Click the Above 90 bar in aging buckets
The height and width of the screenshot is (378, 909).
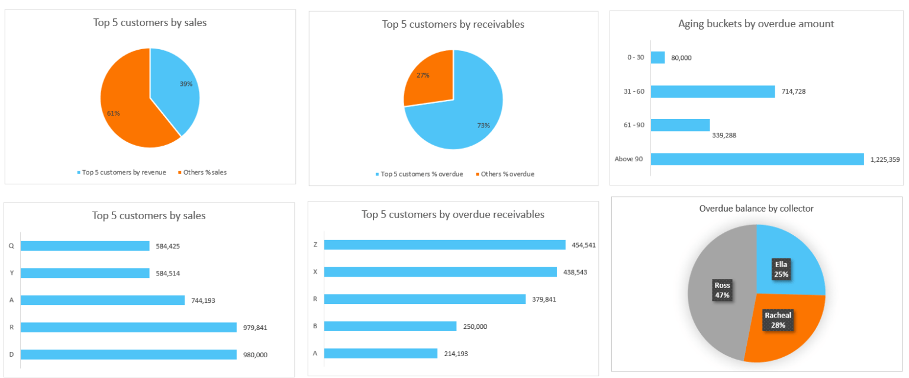coord(757,159)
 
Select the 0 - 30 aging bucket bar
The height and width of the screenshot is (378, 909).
coord(657,57)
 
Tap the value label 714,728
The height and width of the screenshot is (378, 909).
coord(793,91)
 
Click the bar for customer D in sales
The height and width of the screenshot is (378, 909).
coord(128,354)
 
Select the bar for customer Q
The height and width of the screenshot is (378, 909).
coord(85,246)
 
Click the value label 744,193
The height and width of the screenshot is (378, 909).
coord(203,300)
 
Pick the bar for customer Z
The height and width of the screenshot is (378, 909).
coord(444,245)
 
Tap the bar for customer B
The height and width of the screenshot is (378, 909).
coord(390,326)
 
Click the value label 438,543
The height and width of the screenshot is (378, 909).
coord(575,272)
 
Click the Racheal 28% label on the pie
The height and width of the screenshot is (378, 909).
coord(778,320)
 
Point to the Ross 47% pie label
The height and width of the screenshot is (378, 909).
coord(722,290)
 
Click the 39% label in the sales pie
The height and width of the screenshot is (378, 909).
coord(186,84)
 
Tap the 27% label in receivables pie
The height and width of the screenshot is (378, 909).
coord(423,75)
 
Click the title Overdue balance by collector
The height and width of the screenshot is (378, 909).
coord(756,209)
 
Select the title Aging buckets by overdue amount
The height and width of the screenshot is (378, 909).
coord(756,24)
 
